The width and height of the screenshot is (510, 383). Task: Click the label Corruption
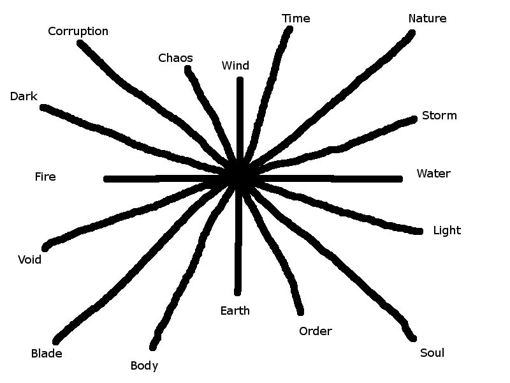pos(78,31)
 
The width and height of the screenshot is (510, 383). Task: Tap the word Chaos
pos(175,58)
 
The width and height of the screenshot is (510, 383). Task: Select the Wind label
pos(235,66)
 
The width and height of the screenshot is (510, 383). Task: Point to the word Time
pos(296,19)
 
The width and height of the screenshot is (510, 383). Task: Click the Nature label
pos(427,19)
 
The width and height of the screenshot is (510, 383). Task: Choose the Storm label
pos(439,116)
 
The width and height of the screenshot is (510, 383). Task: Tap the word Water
pos(433,174)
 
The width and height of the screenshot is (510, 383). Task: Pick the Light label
pos(446,230)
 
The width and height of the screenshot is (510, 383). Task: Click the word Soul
pos(432,353)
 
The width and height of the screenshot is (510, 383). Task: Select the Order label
pos(315,331)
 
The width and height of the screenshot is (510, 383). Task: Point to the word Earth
pos(235,311)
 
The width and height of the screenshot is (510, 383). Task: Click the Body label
pos(144,366)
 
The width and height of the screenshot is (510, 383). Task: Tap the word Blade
pos(47,353)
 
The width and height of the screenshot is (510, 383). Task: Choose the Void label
pos(29,260)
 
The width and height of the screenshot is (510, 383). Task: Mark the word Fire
pos(45,177)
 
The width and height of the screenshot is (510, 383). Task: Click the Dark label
pos(24,96)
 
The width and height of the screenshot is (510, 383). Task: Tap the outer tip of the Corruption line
pos(80,43)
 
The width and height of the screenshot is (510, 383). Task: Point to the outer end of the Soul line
pos(413,338)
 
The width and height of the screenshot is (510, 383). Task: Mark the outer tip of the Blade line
pos(56,341)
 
